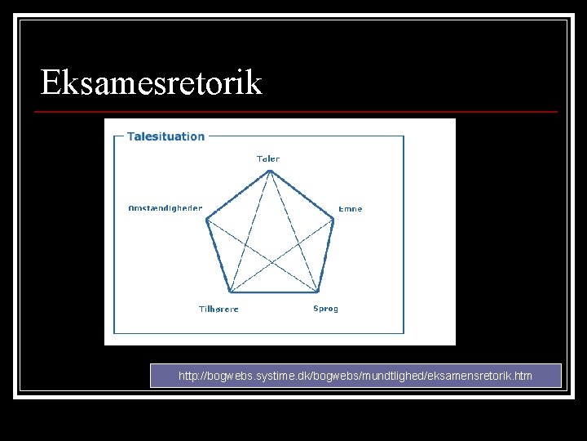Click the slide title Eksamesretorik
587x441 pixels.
coord(152,83)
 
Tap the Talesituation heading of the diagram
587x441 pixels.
coord(166,136)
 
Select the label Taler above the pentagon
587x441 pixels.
coord(268,158)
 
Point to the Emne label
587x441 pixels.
coord(351,209)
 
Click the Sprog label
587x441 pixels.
coord(326,309)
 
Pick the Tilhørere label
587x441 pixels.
coord(218,310)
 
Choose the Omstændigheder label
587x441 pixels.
coord(166,208)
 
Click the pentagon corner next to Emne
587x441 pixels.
coord(334,218)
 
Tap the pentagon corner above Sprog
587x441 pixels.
coord(317,292)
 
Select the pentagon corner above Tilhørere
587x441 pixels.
coord(229,292)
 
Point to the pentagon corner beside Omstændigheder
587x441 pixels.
coord(206,218)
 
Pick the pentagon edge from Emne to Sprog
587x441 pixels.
coord(326,255)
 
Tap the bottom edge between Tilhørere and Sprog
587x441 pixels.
coord(273,292)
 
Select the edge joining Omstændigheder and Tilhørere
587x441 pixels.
coord(218,255)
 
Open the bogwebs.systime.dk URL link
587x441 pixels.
coord(355,376)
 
